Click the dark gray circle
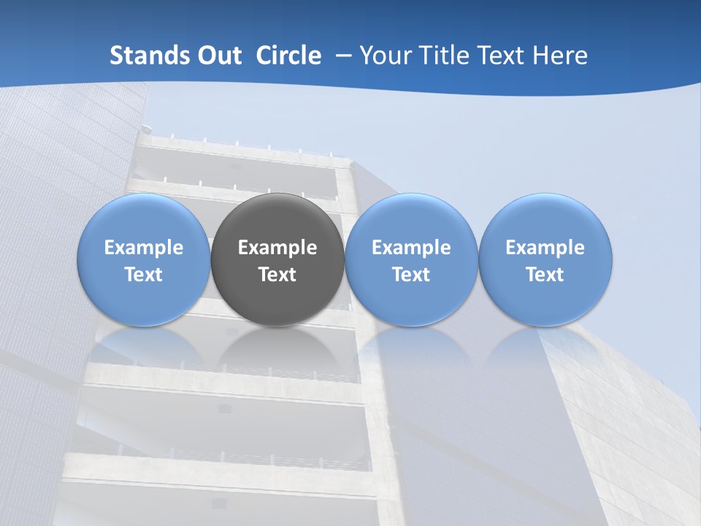click(277, 219)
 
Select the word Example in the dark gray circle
click(277, 248)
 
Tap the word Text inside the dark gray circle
click(277, 275)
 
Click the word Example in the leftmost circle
click(144, 248)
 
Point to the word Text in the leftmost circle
click(144, 275)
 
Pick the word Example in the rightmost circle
click(545, 248)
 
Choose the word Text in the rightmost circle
click(545, 275)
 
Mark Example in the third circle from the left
click(411, 248)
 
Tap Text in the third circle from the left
click(411, 275)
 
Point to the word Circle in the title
click(288, 56)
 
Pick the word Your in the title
click(382, 56)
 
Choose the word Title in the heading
click(437, 56)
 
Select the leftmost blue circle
click(144, 219)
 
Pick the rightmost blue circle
click(545, 219)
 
